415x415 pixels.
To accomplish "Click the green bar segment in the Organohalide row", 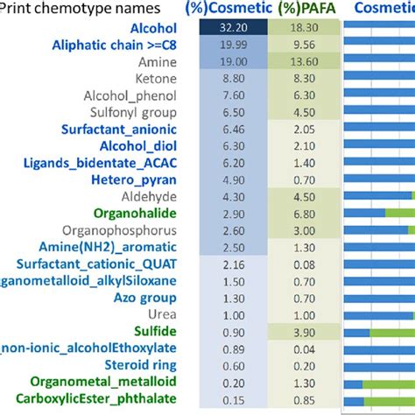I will (399, 213).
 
